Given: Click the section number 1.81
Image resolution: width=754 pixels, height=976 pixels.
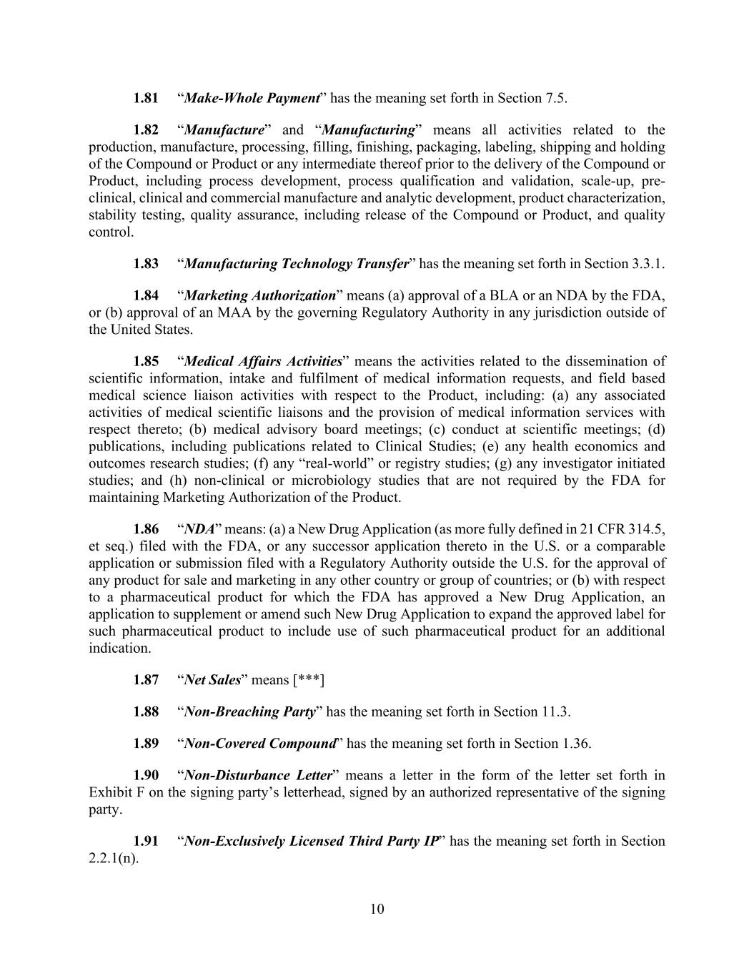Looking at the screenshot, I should pos(146,98).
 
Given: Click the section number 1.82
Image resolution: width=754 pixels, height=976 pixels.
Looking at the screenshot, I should pos(146,130).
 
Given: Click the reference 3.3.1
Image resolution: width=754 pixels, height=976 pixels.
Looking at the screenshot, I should pos(648,264).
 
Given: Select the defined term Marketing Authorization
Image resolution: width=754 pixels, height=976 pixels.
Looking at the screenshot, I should pos(260,295).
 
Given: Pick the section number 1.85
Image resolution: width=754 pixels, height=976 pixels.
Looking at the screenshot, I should pos(146,361).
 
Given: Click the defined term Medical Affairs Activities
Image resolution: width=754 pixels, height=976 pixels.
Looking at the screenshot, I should pos(263,361).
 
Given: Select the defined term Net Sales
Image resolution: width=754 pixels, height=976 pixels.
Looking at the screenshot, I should pos(212,680).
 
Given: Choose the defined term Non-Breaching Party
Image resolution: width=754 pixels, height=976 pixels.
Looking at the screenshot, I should pos(249,711).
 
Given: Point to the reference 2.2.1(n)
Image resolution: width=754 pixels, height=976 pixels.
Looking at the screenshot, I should pos(113,858).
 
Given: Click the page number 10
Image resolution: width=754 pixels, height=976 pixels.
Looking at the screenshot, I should pos(377,909).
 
